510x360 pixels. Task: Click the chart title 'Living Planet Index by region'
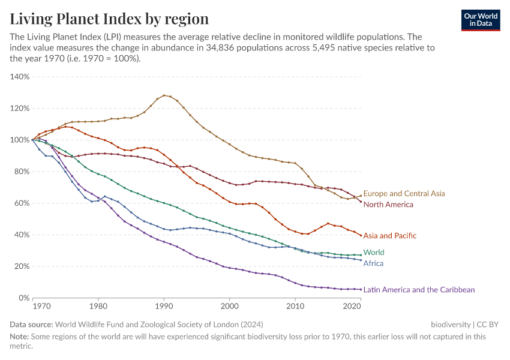[109, 19]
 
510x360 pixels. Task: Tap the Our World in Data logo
[480, 20]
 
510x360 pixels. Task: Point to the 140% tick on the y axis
[20, 77]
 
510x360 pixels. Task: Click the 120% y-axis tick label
[20, 109]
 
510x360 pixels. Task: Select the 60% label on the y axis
[22, 203]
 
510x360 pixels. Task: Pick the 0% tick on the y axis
[24, 298]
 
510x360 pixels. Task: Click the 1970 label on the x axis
[41, 307]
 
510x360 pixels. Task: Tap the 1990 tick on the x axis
[164, 307]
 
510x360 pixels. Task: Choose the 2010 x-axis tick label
[295, 307]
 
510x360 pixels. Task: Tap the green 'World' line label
[374, 253]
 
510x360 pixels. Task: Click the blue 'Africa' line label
[373, 263]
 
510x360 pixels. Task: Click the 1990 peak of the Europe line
[164, 95]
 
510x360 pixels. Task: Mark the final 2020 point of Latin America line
[361, 289]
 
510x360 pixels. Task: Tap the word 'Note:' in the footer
[20, 337]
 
